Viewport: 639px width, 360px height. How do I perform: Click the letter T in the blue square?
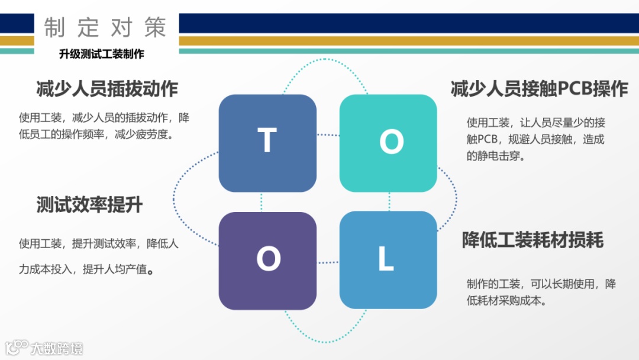(267, 141)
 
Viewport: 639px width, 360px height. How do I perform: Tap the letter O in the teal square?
(390, 142)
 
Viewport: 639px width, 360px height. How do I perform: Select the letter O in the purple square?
(268, 259)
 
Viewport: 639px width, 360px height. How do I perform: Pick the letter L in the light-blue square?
(386, 259)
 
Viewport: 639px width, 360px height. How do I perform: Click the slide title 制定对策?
(105, 27)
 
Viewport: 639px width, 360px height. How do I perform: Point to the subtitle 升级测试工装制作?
(102, 54)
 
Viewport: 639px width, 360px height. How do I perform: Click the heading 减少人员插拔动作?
(107, 89)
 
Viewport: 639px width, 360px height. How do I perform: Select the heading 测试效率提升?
(89, 205)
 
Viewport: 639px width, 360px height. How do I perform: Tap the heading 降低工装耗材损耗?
(532, 240)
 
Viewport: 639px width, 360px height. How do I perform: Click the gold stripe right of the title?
(408, 41)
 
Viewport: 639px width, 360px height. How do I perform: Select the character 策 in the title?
(154, 27)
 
